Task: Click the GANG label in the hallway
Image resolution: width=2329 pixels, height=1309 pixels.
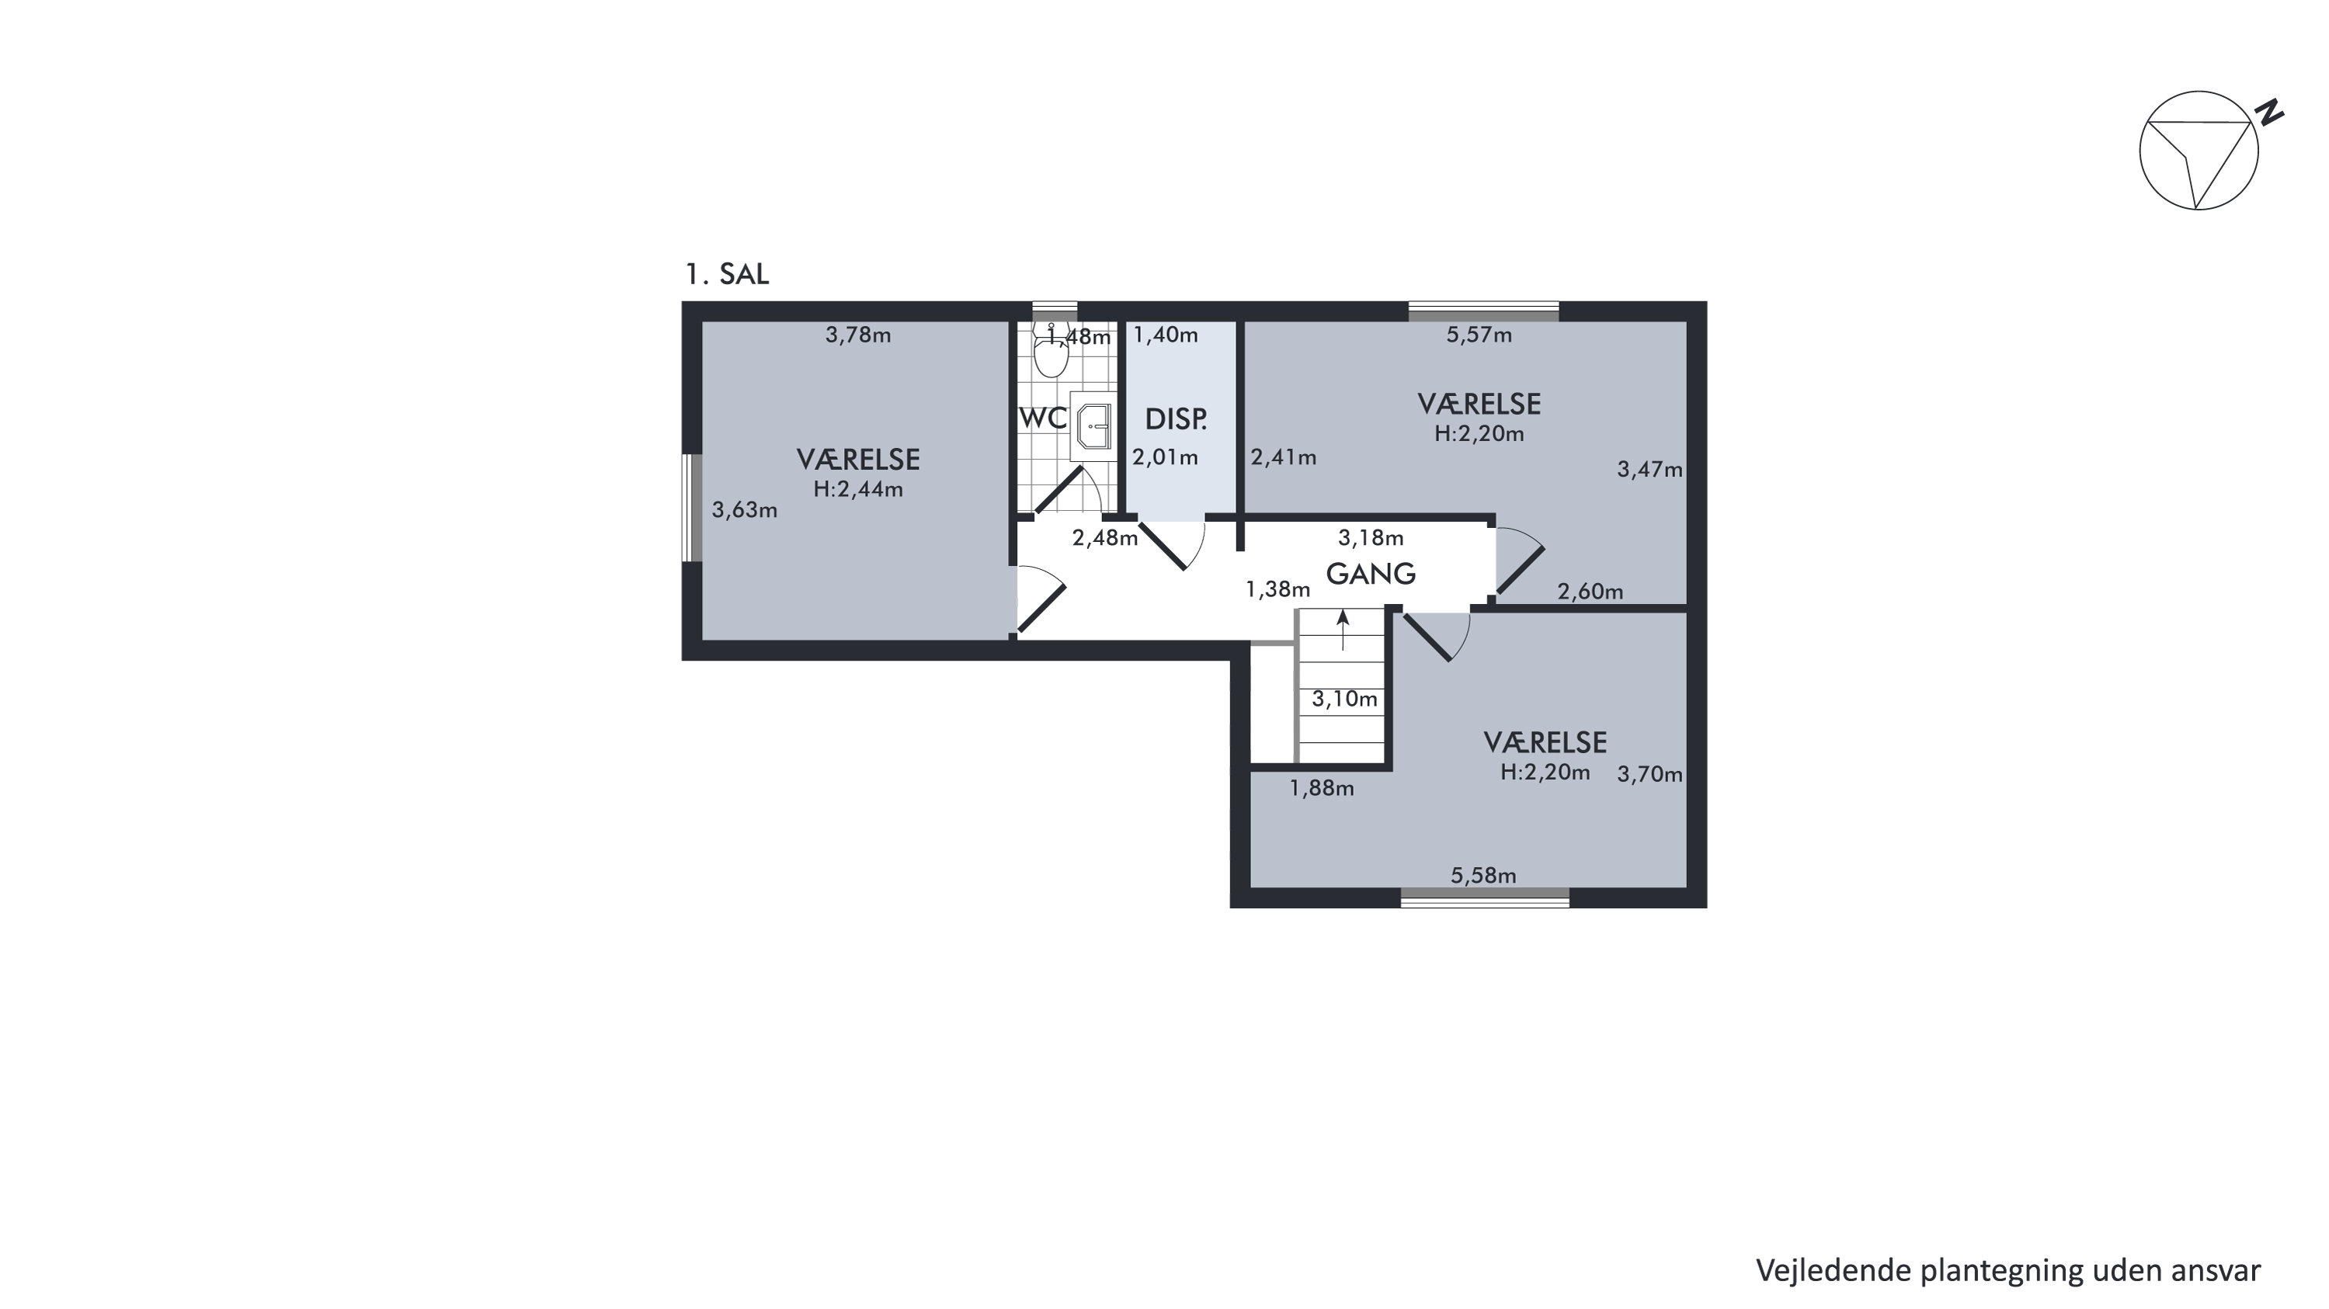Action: pyautogui.click(x=1371, y=574)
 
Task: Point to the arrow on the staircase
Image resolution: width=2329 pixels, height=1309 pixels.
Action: pyautogui.click(x=1344, y=630)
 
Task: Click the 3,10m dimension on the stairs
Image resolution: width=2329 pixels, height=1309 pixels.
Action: pyautogui.click(x=1344, y=699)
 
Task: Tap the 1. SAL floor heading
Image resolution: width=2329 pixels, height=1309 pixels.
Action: pyautogui.click(x=727, y=275)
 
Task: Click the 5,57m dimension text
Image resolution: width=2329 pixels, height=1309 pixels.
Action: pyautogui.click(x=1479, y=335)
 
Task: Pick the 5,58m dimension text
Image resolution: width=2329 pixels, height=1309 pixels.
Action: pyautogui.click(x=1483, y=876)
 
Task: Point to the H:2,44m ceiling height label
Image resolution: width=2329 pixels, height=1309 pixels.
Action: pyautogui.click(x=858, y=490)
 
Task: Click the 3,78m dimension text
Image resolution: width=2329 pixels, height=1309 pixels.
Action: pyautogui.click(x=858, y=335)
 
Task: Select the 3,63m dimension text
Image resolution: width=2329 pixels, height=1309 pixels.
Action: pyautogui.click(x=744, y=511)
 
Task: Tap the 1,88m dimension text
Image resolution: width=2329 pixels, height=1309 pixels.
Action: pyautogui.click(x=1322, y=788)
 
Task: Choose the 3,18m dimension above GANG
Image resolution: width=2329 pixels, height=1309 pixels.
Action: pyautogui.click(x=1371, y=539)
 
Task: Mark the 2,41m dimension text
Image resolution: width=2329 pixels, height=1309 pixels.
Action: pyautogui.click(x=1284, y=458)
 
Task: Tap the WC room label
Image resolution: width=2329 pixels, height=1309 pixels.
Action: pyautogui.click(x=1042, y=418)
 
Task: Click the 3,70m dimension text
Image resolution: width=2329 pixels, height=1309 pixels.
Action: pyautogui.click(x=1650, y=775)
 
